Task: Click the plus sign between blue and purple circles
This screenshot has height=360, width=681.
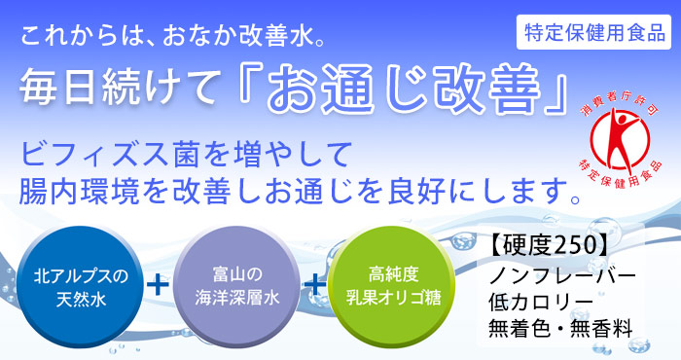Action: click(x=156, y=285)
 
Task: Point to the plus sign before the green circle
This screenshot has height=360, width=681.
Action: click(x=313, y=285)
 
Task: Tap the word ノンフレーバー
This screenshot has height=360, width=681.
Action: click(x=561, y=273)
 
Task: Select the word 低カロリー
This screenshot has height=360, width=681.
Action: click(x=534, y=301)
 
